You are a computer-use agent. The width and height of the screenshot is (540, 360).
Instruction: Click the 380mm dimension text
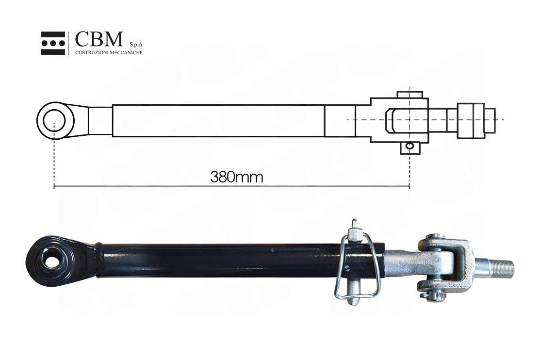237,177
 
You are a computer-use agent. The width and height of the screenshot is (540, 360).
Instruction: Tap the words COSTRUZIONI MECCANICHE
109,52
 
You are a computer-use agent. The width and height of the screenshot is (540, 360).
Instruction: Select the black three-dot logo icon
53,43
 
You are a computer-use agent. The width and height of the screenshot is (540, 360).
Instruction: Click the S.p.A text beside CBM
136,45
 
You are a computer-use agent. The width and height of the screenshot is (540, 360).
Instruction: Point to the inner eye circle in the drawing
54,120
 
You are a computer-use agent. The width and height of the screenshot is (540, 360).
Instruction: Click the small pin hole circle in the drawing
409,146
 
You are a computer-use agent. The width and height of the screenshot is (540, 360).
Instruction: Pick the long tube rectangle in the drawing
219,121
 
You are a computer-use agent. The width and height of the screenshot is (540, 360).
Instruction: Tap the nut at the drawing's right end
471,121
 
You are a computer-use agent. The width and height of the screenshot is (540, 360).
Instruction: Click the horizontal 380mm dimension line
232,186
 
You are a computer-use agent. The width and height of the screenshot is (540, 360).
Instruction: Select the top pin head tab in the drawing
409,95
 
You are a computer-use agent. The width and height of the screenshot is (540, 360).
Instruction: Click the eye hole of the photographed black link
51,262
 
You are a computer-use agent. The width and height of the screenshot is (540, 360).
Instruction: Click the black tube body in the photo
241,261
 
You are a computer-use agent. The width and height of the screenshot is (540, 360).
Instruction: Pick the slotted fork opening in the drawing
396,121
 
